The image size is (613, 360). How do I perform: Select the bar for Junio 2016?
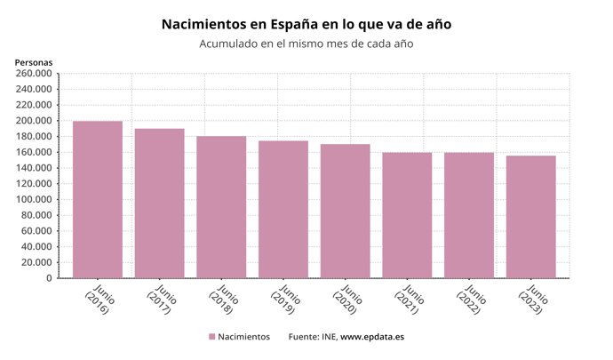click(98, 200)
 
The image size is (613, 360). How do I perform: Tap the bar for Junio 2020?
click(346, 212)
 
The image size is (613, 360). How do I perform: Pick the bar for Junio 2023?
click(531, 217)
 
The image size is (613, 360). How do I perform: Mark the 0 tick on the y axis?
click(50, 278)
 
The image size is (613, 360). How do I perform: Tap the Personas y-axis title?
click(34, 62)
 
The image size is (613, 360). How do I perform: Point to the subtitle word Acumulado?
click(233, 44)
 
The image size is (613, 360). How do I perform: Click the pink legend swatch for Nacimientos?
click(212, 337)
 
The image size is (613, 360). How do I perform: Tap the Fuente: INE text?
click(312, 337)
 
